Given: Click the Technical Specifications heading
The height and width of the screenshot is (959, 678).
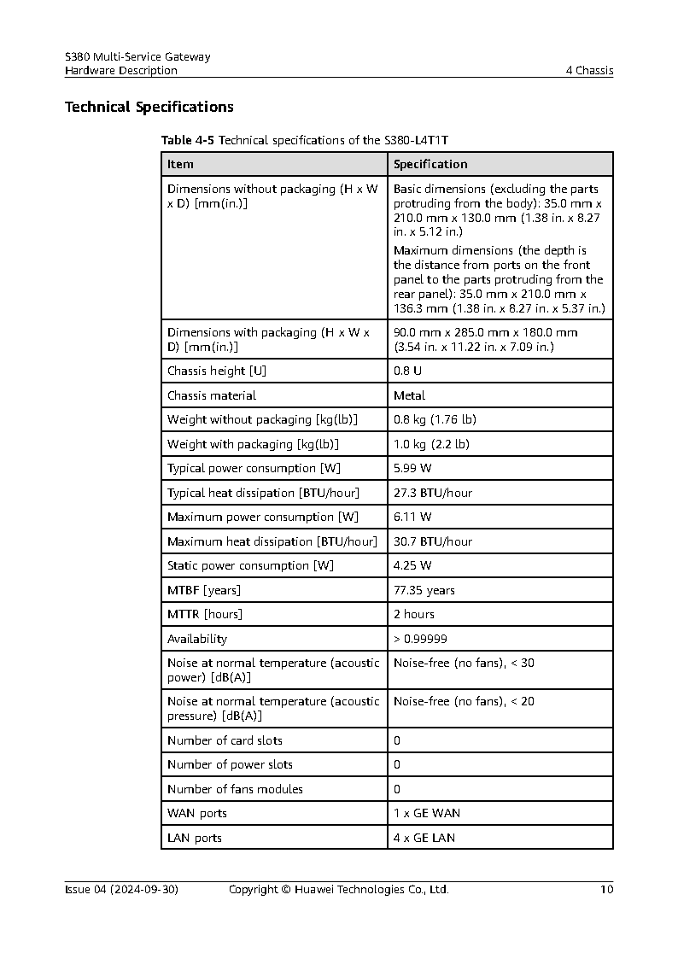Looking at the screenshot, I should click(x=149, y=108).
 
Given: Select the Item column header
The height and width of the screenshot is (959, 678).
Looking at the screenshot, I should click(x=180, y=164).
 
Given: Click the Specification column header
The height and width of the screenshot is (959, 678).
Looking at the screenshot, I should click(x=430, y=164).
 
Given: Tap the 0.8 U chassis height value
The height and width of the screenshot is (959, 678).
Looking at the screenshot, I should click(x=407, y=371).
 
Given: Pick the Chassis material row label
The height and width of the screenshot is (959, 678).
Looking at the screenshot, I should click(x=211, y=395).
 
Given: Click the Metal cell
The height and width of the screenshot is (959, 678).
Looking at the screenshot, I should click(x=409, y=395).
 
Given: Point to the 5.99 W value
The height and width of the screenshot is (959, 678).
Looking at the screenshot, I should click(x=412, y=468).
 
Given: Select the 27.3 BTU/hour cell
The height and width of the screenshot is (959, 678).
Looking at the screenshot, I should click(x=432, y=493).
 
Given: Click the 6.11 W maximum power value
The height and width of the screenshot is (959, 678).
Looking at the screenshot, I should click(x=412, y=517).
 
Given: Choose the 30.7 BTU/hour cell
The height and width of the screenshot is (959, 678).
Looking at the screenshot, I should click(x=432, y=541).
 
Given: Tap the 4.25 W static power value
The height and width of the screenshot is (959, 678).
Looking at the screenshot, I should click(x=412, y=565).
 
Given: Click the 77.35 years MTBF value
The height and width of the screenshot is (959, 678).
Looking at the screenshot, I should click(x=424, y=590).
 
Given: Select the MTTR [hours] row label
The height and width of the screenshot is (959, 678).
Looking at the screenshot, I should click(x=205, y=614).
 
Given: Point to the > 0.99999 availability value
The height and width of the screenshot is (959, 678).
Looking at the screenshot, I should click(x=420, y=639).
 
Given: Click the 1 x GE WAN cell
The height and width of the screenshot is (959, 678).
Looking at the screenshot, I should click(x=426, y=813).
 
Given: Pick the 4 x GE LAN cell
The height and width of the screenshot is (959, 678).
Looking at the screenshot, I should click(x=424, y=838).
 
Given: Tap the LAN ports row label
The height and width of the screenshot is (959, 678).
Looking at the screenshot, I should click(x=194, y=838).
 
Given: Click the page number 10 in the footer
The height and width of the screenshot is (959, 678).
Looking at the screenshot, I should click(x=606, y=889).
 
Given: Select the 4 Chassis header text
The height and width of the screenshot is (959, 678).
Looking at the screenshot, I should click(x=589, y=71).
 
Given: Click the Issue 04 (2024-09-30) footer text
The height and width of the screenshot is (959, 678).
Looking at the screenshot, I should click(x=121, y=889).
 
